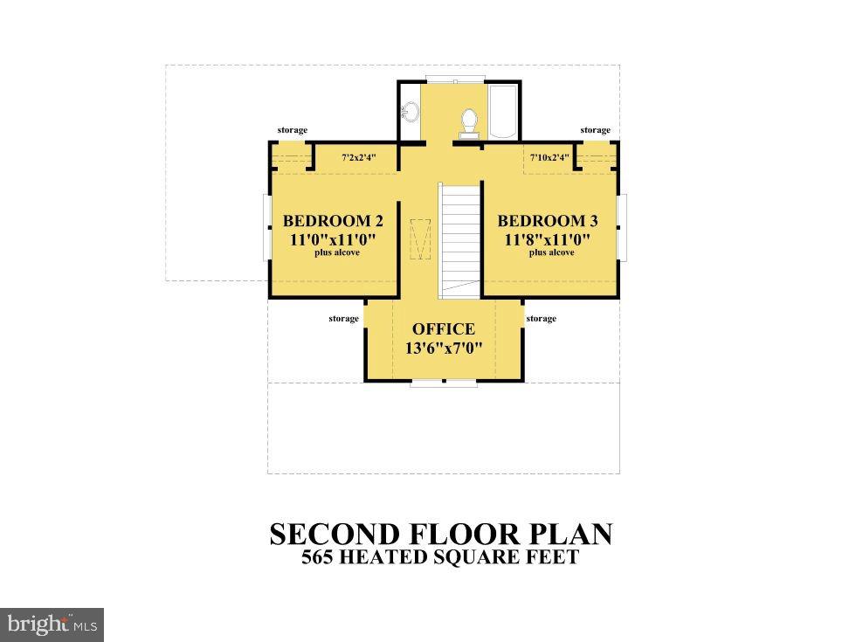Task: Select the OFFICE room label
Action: tap(444, 329)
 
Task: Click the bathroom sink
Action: tap(410, 112)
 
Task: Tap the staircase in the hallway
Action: tap(459, 236)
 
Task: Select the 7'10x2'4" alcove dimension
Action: tap(549, 158)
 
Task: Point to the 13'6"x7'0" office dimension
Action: tap(444, 348)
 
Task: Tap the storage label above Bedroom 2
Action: tap(293, 130)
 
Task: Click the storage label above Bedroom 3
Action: tap(596, 130)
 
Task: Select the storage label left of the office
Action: tap(343, 319)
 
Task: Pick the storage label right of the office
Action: tap(542, 319)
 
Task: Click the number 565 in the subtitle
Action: tap(320, 557)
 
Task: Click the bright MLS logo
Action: tap(52, 625)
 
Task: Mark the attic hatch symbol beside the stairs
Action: tap(419, 238)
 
